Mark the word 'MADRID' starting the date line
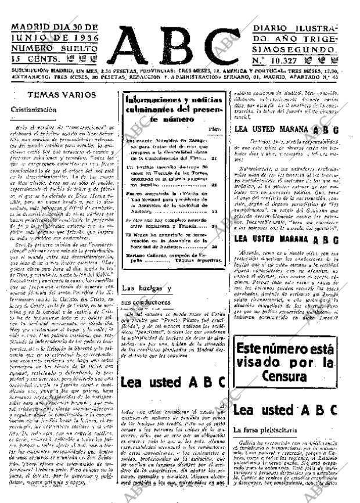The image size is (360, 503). point(30,27)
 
